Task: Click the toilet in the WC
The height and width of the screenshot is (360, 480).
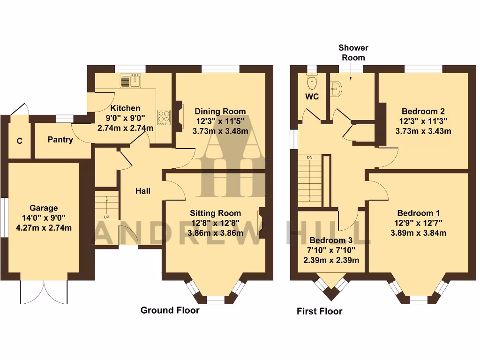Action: point(311,83)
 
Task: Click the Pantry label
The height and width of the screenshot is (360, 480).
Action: point(60,140)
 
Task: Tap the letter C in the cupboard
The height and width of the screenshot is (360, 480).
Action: point(20,141)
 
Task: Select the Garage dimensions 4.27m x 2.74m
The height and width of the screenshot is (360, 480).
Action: point(44,228)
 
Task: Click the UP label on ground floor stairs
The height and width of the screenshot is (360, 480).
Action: point(106,217)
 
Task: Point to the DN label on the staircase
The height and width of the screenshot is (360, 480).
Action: point(309,157)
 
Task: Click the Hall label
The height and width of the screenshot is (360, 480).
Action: point(143,191)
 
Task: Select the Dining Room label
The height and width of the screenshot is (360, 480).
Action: point(220,112)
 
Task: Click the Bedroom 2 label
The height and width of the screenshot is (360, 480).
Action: point(423,112)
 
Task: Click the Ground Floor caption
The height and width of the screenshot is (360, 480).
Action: point(170,310)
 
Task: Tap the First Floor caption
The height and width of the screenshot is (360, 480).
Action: point(320,311)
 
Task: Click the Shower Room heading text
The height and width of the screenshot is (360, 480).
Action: point(353,52)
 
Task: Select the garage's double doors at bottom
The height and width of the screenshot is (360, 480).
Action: point(44,292)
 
